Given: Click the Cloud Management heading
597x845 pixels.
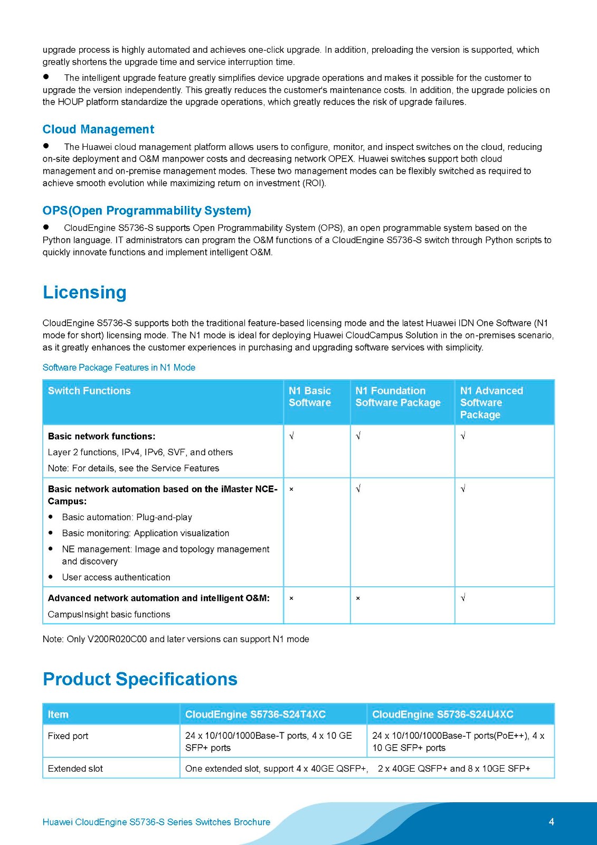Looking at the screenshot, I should click(98, 129).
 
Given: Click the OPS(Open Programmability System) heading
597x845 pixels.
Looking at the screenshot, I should click(147, 211).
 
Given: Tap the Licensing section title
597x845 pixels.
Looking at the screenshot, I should click(84, 293).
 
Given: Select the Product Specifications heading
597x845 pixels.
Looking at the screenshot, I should click(140, 679).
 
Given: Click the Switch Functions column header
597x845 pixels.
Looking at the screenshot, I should click(89, 391).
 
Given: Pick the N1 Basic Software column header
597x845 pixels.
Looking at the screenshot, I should click(310, 397).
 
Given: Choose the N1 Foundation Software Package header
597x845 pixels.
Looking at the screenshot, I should click(397, 397).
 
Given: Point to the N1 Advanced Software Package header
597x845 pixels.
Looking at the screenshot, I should click(491, 402).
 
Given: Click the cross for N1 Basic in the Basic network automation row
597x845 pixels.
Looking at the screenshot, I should click(291, 490).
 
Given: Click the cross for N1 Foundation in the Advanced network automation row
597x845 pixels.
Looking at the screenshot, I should click(358, 598).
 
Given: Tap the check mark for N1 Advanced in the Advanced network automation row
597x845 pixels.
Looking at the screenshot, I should click(463, 598).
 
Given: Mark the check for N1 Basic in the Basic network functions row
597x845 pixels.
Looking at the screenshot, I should click(291, 436).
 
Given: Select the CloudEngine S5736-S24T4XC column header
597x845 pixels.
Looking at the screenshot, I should click(255, 715).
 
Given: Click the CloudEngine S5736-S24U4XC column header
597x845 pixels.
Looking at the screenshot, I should click(442, 715).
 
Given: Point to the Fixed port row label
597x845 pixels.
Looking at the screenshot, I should click(68, 736).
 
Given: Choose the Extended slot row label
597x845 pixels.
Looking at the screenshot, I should click(75, 768).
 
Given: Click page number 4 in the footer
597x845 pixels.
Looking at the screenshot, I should click(552, 822).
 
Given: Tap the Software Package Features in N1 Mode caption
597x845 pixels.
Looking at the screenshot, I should click(119, 368).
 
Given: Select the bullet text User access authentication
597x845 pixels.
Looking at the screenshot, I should click(116, 577).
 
